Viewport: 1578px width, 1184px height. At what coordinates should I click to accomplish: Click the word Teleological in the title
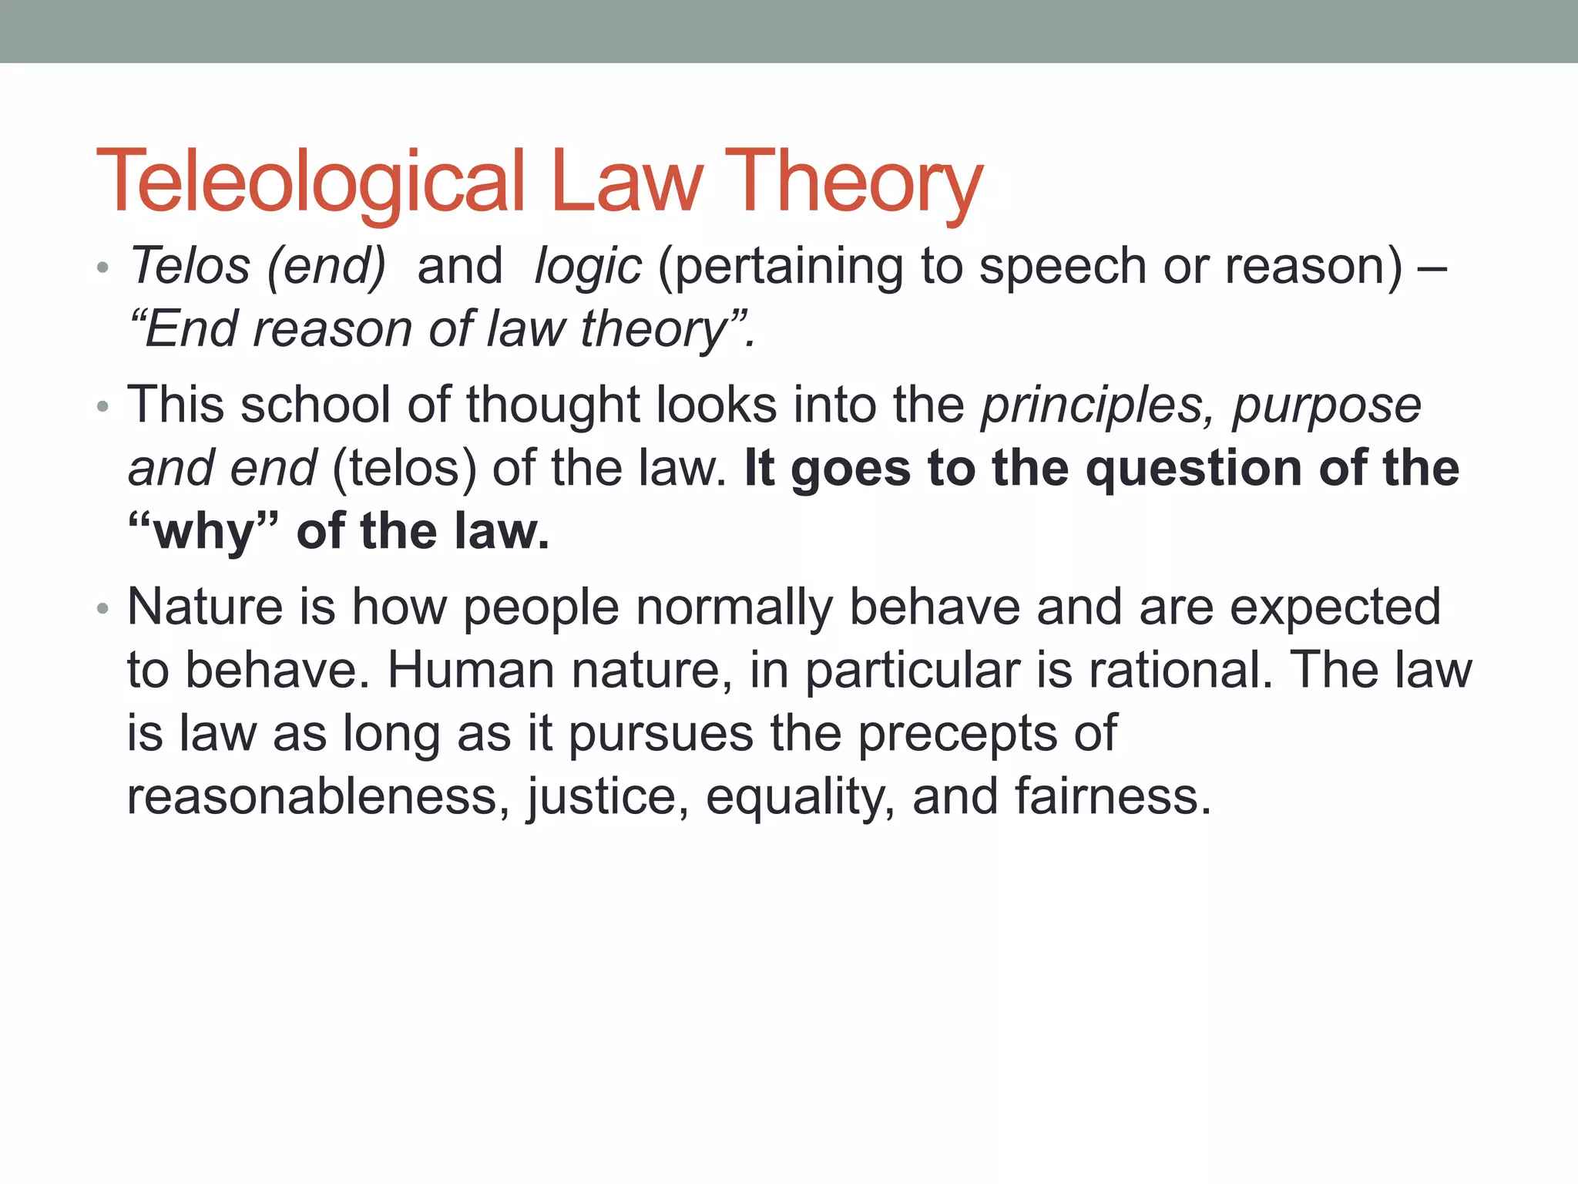tap(310, 182)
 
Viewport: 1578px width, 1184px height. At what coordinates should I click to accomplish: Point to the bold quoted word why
tap(205, 533)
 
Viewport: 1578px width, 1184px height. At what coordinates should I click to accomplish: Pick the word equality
tap(800, 798)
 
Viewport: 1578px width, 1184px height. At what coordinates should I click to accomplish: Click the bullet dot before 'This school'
tap(103, 407)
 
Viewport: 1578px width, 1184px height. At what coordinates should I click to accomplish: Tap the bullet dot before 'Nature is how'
tap(103, 609)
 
